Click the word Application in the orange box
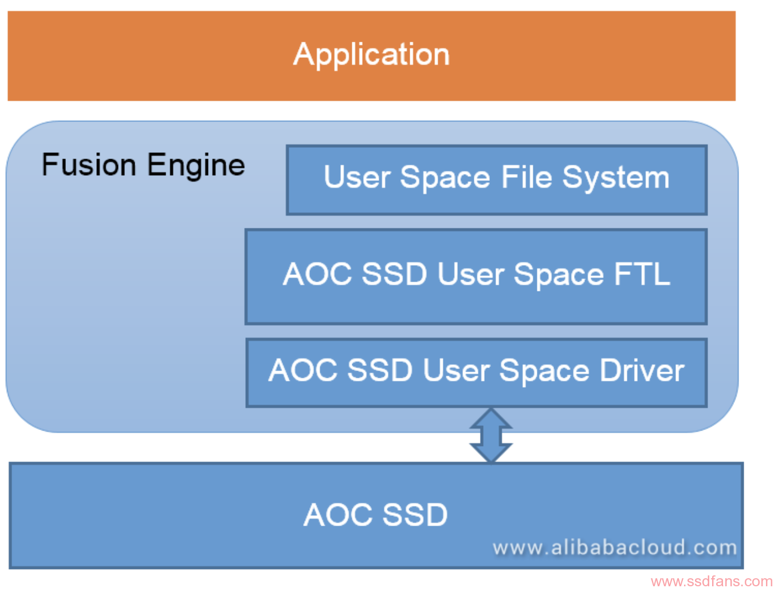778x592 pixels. (x=371, y=55)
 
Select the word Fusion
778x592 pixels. (x=89, y=164)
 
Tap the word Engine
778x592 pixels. (x=196, y=167)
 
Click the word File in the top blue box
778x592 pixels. (x=526, y=177)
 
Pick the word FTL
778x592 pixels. (x=642, y=274)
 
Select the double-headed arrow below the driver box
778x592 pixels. (x=491, y=435)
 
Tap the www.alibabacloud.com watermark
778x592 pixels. (x=615, y=547)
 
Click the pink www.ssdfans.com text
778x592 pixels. (x=712, y=581)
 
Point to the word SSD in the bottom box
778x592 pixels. (x=415, y=515)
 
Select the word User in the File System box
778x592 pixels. (x=357, y=177)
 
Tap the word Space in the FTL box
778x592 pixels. (x=559, y=276)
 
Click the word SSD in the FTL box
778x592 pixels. (x=395, y=274)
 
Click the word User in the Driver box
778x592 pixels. (x=456, y=370)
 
